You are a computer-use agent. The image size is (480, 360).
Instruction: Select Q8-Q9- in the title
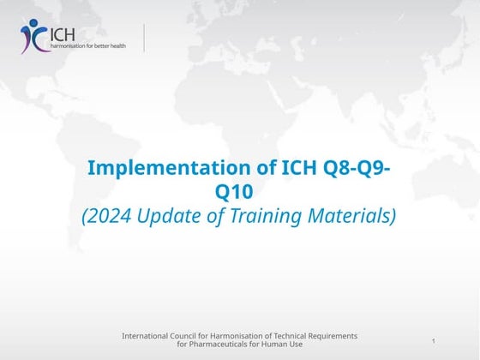click(x=357, y=168)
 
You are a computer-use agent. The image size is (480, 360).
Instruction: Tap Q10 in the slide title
click(x=234, y=192)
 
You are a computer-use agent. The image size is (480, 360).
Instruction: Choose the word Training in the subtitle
click(x=266, y=216)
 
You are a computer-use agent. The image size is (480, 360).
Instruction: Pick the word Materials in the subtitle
click(x=349, y=215)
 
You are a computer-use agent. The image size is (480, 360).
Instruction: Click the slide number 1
click(x=434, y=341)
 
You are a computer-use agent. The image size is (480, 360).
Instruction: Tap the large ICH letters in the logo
click(x=62, y=35)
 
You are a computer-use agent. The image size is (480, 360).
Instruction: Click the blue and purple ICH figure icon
click(x=33, y=36)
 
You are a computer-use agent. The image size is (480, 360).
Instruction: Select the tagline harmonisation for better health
click(x=88, y=46)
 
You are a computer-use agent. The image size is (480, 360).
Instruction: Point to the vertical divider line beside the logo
click(x=144, y=39)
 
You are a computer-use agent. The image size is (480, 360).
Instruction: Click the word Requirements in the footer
click(x=333, y=336)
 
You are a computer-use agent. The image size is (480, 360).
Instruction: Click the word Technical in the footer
click(x=290, y=336)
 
